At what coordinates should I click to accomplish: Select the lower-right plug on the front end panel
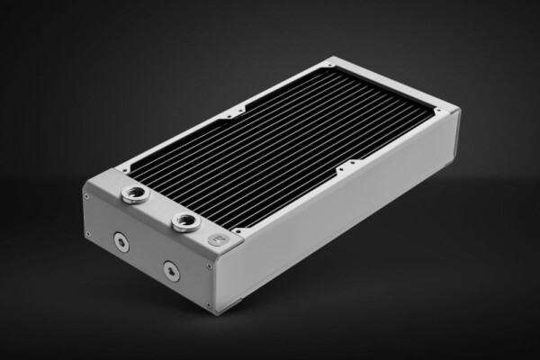[x=167, y=269]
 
